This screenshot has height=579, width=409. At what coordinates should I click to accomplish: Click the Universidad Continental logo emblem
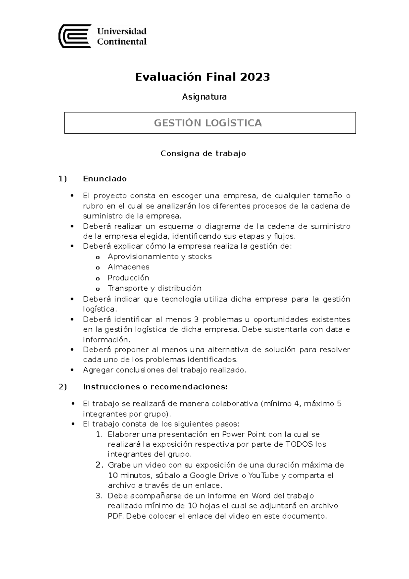(75, 36)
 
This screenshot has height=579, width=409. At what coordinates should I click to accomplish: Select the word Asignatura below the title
(204, 97)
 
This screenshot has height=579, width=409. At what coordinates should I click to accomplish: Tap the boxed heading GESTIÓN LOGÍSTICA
(208, 123)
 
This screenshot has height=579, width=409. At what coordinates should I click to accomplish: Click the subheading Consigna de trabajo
(203, 153)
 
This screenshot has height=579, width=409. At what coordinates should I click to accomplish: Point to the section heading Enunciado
(105, 179)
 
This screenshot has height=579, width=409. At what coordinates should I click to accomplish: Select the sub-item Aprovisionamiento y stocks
(160, 256)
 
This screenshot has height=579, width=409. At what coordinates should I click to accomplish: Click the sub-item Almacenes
(128, 267)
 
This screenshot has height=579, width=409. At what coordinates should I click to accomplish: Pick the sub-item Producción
(128, 278)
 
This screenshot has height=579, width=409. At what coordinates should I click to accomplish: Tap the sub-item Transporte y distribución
(154, 288)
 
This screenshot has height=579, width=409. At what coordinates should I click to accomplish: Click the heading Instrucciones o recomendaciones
(155, 387)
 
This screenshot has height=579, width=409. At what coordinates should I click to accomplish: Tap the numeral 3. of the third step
(99, 495)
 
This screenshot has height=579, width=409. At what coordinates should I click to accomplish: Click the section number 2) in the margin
(62, 387)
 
